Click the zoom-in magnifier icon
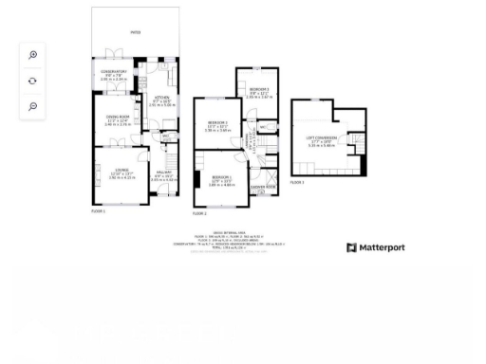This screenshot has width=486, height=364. coord(32,55)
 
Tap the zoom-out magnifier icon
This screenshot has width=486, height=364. coord(32,106)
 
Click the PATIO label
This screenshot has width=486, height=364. coord(135,32)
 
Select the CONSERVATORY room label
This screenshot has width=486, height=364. coord(112,72)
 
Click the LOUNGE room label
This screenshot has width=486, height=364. coord(116,172)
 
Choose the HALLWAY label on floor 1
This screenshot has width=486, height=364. coord(163,173)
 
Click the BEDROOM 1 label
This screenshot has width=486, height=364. coord(221,177)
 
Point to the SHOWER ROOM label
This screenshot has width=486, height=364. coord(263,188)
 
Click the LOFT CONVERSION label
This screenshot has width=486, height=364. coord(322,139)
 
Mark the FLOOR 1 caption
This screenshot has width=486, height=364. coord(99,210)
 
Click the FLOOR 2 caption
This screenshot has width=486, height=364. coord(199,214)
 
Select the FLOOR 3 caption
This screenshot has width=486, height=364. coord(297,181)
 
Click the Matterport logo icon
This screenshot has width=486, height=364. coord(351,248)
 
